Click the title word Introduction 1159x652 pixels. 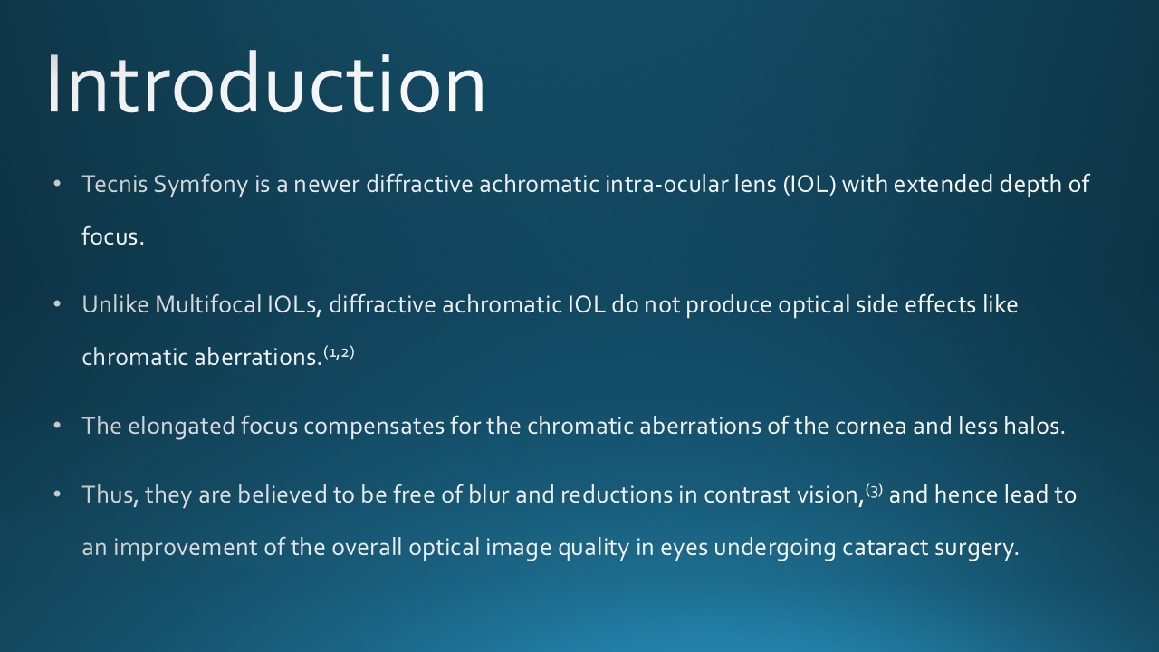[266, 82]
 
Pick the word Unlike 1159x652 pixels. [115, 304]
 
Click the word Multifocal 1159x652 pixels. [208, 304]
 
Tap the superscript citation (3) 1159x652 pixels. [874, 491]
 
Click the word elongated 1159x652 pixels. [181, 427]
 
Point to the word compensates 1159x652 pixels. [374, 427]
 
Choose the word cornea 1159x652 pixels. [870, 427]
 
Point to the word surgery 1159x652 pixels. [976, 549]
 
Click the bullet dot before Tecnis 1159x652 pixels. [57, 184]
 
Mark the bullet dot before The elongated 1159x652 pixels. [57, 426]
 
